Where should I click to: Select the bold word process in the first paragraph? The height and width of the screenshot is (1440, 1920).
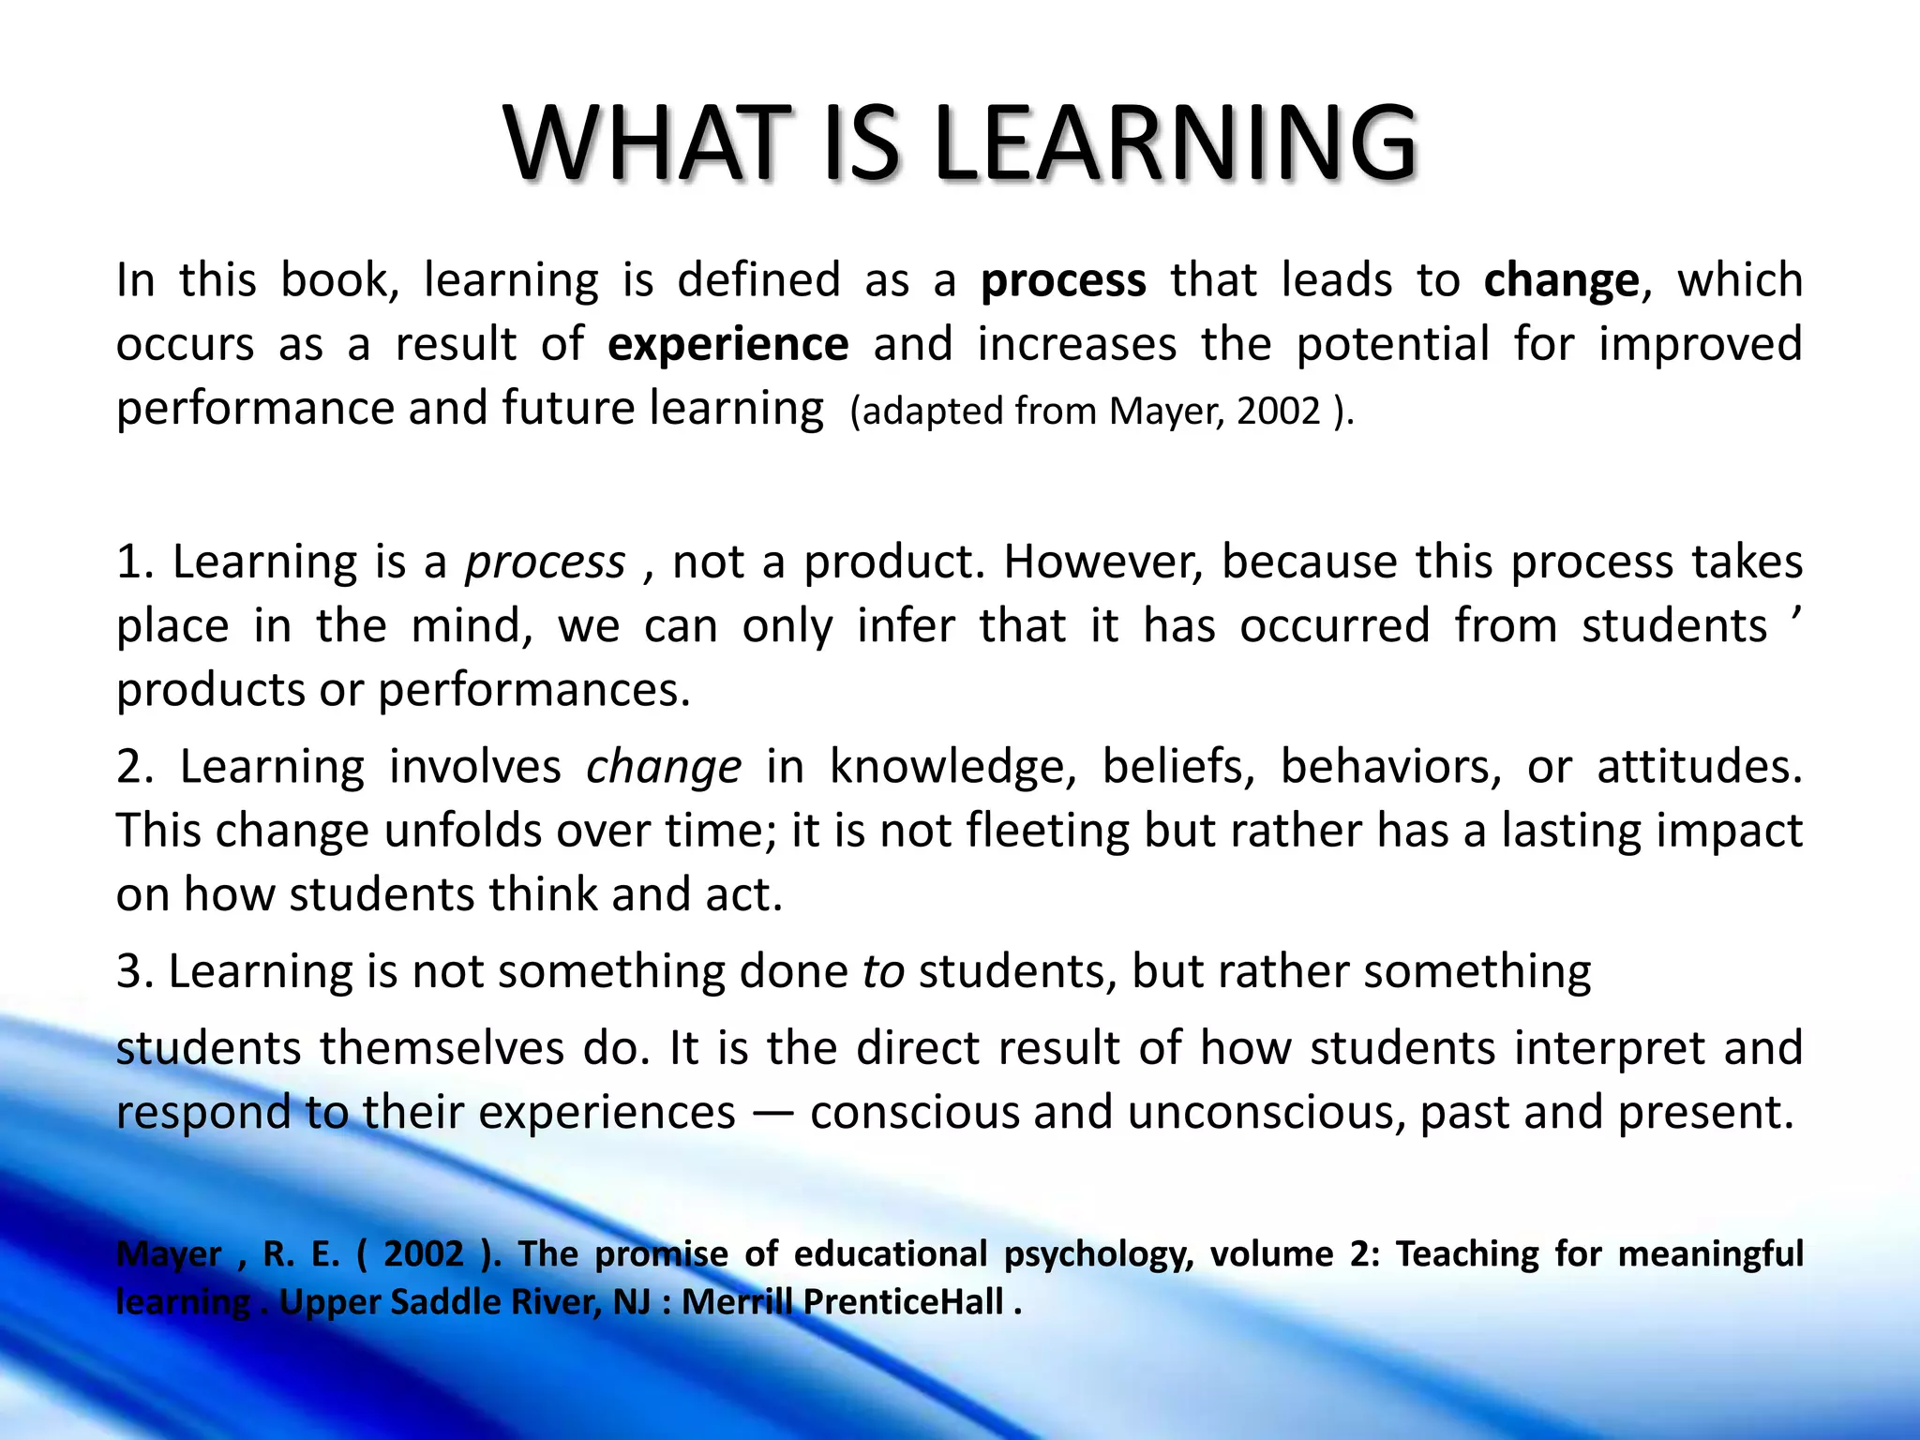(1063, 280)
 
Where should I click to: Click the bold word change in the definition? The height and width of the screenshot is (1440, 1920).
(1561, 280)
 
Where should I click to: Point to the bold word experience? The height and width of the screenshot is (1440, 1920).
(727, 344)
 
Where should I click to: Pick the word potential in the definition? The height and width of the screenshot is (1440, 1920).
(1392, 344)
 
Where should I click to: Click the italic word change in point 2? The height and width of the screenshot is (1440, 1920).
(664, 767)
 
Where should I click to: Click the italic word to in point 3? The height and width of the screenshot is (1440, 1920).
(883, 971)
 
